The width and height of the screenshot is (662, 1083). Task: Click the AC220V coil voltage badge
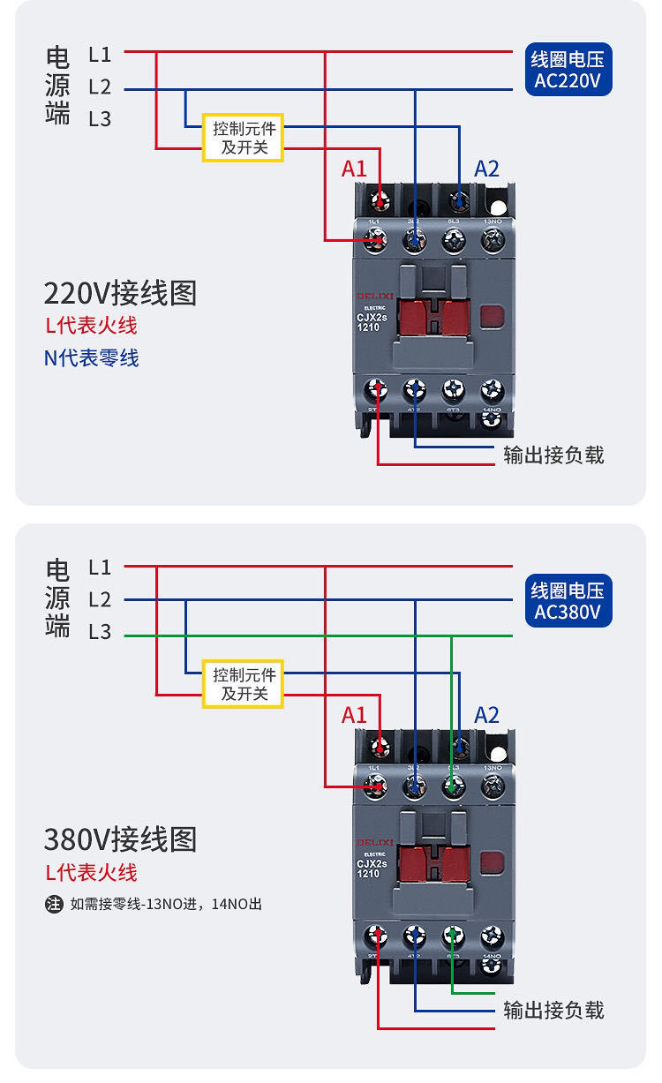(x=568, y=71)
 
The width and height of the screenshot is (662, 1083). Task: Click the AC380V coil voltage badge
(x=568, y=601)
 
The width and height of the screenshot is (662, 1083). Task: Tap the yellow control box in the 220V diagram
(x=243, y=138)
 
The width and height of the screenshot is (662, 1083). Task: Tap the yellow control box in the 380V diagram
(x=243, y=684)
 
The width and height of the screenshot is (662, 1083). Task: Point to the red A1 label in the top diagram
(x=354, y=169)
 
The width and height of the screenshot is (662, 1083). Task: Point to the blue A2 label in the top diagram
(x=486, y=169)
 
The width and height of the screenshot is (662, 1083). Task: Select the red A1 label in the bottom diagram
(x=354, y=715)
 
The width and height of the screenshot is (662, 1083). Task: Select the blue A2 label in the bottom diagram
(x=486, y=715)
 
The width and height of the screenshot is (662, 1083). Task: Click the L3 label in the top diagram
(x=100, y=119)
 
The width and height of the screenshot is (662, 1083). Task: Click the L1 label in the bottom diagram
(x=100, y=567)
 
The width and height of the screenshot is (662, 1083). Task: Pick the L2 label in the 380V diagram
(x=100, y=600)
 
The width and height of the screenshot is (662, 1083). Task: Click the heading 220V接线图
(x=120, y=292)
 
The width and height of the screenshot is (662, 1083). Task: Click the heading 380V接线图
(x=120, y=839)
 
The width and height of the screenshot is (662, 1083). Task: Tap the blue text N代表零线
(x=92, y=357)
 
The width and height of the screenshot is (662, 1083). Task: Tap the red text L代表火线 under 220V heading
(x=92, y=326)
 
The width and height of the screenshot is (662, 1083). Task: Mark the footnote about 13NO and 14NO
(x=154, y=904)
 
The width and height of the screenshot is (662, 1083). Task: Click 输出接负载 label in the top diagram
(x=553, y=455)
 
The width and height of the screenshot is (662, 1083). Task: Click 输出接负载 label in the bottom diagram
(x=553, y=1010)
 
